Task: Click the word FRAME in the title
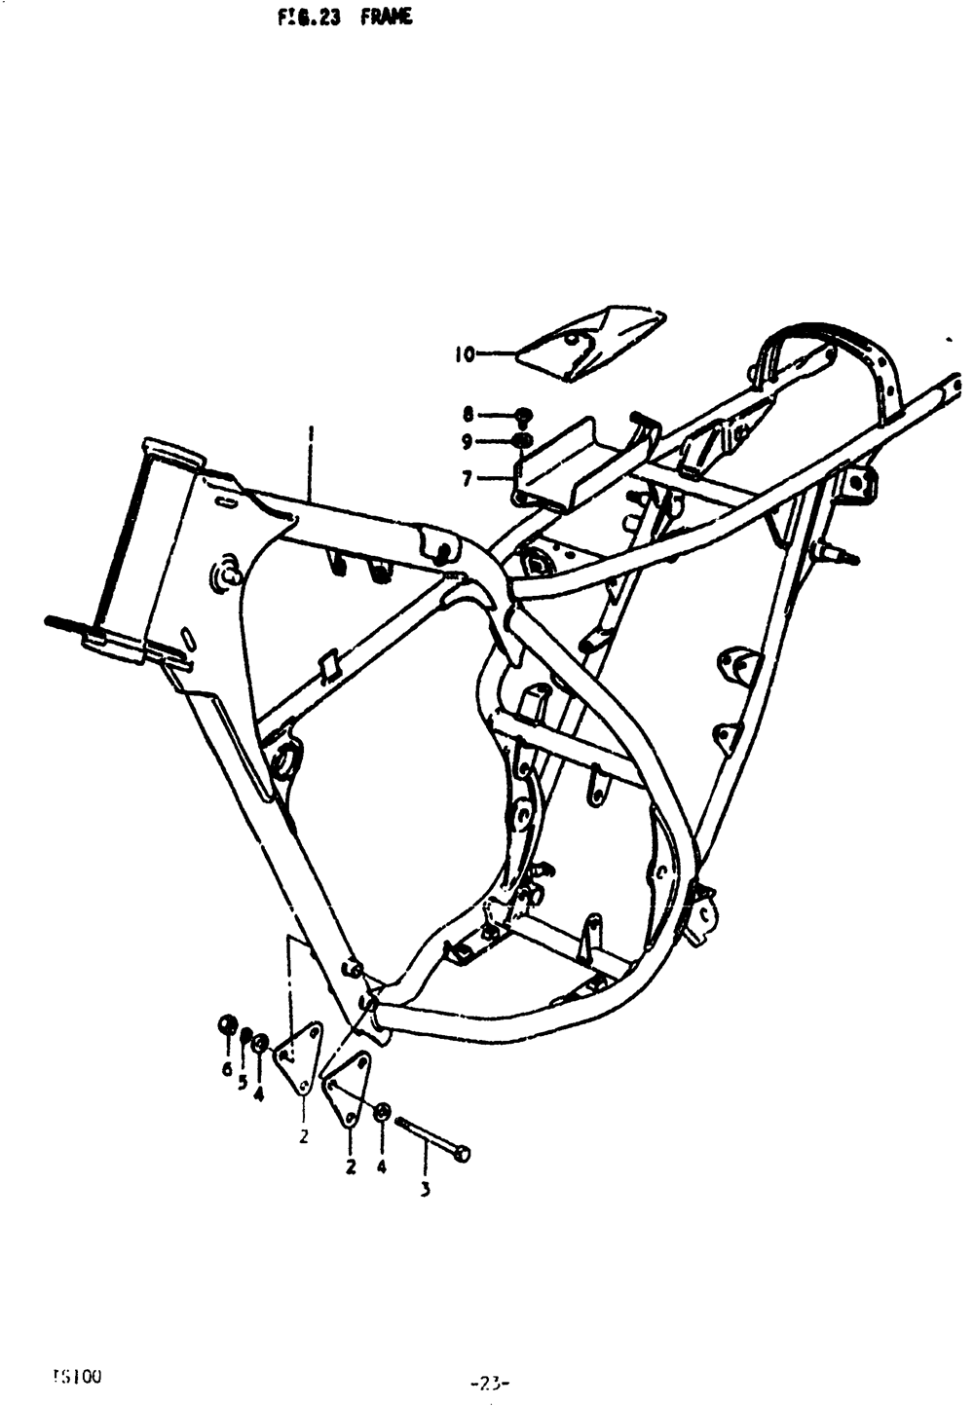pos(386,18)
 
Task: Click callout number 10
pos(464,354)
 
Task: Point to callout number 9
pos(467,443)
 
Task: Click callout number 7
pos(467,478)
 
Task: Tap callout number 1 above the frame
pos(311,430)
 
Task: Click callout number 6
pos(227,1069)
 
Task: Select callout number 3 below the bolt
pos(426,1189)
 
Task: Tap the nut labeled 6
pos(227,1025)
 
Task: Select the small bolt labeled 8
pos(523,416)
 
